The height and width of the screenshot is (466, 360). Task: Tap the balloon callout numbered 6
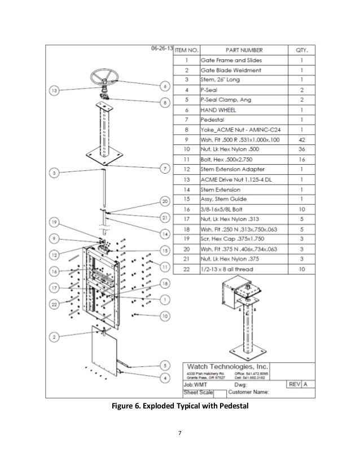(x=164, y=86)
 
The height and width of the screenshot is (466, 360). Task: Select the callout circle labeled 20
(x=164, y=201)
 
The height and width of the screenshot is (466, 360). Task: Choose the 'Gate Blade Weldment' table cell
(x=231, y=70)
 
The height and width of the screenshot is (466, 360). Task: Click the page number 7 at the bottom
(x=179, y=433)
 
